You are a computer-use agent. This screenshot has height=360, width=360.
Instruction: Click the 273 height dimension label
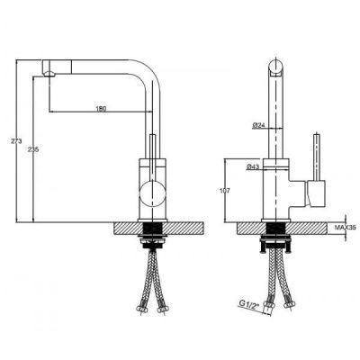(16, 141)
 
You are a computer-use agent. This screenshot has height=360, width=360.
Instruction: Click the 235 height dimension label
(33, 149)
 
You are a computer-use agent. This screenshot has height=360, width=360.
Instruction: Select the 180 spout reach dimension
(101, 109)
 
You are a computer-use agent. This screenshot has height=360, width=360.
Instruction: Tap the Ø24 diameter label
(258, 125)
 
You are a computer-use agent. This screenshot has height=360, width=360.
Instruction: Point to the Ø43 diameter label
(253, 167)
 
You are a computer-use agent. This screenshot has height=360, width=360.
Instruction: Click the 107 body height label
(225, 191)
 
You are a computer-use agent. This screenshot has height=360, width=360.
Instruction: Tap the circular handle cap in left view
(153, 193)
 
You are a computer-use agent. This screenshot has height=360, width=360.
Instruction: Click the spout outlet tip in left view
(49, 74)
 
